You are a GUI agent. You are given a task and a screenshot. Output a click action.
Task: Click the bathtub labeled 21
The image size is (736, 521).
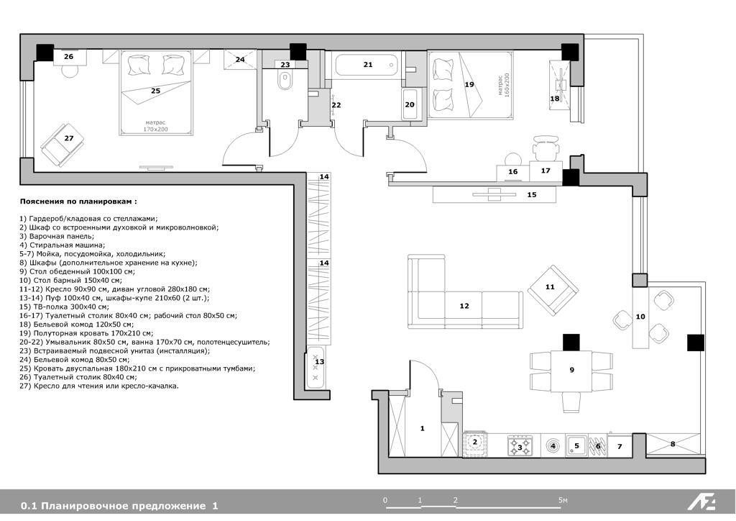point(367,65)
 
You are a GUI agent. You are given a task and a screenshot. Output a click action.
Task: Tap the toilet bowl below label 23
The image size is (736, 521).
point(285,81)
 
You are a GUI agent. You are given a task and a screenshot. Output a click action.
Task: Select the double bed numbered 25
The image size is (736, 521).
point(156,93)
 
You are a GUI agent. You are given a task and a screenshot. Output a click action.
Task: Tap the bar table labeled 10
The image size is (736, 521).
point(640,316)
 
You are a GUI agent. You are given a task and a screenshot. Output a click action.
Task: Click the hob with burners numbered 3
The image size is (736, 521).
point(520,445)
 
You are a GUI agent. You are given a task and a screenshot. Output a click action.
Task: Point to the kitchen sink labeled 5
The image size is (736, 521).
point(576,445)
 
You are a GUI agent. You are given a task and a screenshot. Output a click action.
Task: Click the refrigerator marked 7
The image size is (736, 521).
point(620,445)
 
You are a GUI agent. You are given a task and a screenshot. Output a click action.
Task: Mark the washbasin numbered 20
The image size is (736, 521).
point(410,104)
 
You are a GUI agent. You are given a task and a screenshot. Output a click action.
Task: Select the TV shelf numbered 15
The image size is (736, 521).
point(494,194)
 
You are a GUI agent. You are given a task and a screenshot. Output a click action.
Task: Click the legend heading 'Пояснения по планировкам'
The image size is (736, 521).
point(79,201)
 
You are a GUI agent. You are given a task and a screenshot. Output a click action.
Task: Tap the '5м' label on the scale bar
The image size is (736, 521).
point(563,500)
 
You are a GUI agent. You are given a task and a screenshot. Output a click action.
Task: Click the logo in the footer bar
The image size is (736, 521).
point(701,503)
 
